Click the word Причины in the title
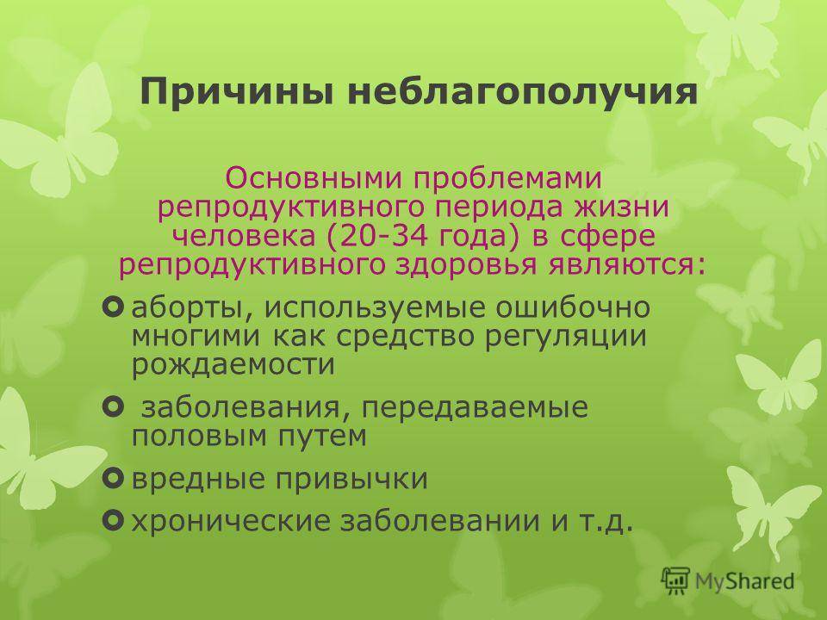237,92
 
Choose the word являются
626,265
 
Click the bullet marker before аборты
114,307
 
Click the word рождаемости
233,365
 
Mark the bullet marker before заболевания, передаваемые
114,407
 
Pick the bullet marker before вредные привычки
114,478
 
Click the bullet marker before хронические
114,520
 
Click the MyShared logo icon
675,581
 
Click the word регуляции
565,338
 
